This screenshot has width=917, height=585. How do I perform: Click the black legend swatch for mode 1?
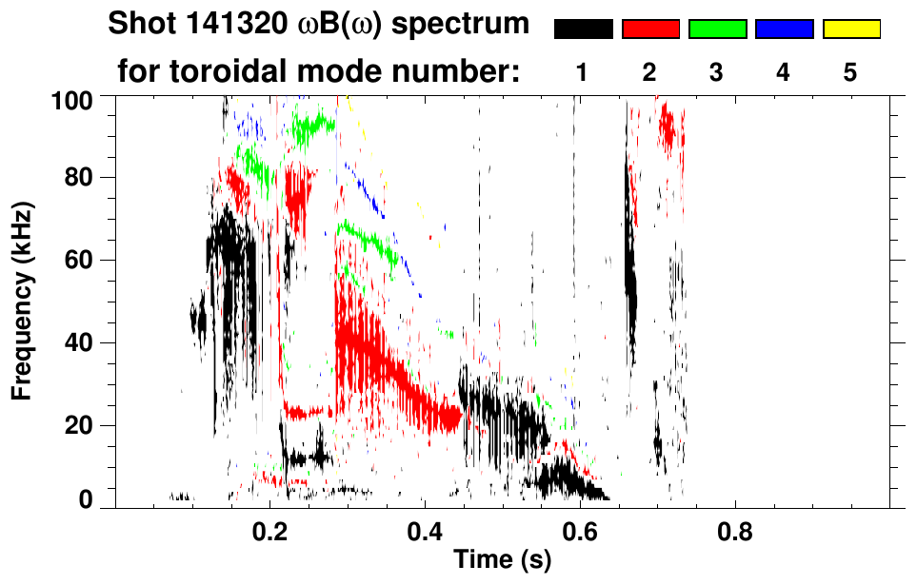583,29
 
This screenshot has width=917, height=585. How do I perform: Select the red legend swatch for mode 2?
650,29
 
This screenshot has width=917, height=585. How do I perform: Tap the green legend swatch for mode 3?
717,29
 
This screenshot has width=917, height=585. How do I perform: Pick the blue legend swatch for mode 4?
784,29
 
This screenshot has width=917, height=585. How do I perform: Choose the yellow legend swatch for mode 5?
850,29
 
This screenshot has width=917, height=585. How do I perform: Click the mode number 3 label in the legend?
717,72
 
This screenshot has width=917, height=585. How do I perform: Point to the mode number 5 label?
850,72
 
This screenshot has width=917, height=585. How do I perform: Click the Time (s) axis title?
502,560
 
